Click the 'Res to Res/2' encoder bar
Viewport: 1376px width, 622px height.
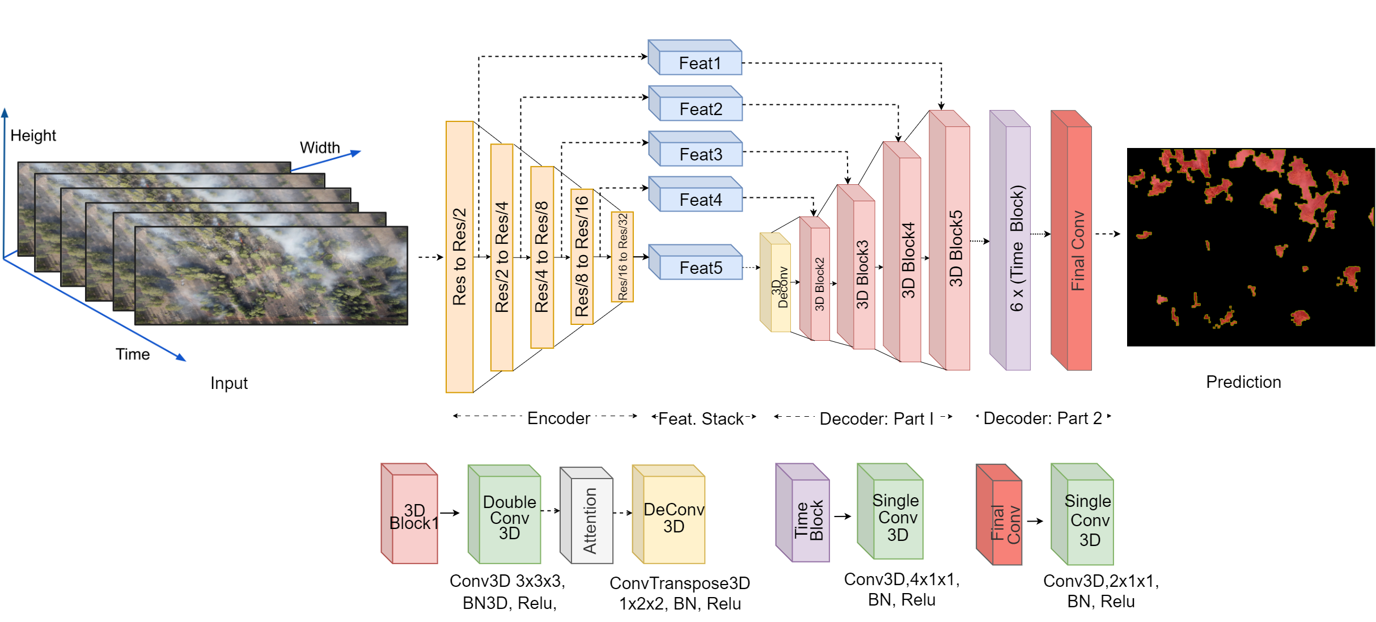459,257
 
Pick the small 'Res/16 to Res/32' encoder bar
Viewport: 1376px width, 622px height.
622,257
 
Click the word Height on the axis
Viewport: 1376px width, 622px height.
33,136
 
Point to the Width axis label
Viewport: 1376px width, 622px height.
320,147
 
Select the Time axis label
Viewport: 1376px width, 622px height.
133,354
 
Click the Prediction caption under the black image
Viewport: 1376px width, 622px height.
1243,382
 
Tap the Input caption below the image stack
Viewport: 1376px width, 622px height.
228,383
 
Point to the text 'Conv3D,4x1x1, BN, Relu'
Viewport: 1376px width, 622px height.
901,590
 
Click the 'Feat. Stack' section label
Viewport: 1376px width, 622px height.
701,419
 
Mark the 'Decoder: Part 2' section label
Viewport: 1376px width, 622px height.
1042,418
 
